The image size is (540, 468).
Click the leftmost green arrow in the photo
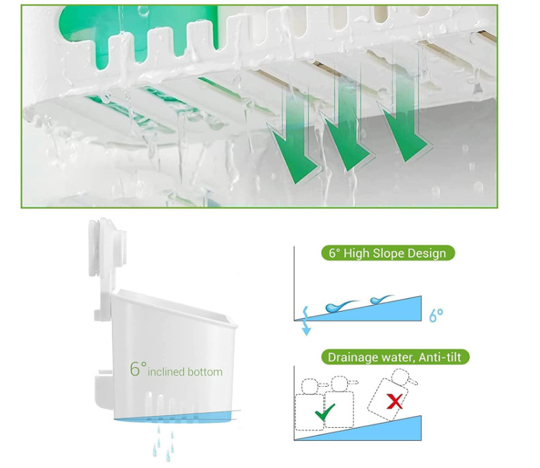click(x=294, y=152)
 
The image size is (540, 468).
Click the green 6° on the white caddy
click(x=138, y=369)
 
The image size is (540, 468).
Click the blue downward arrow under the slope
click(x=306, y=329)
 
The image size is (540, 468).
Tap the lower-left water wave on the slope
click(x=339, y=306)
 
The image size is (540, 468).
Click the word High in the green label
click(x=357, y=253)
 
